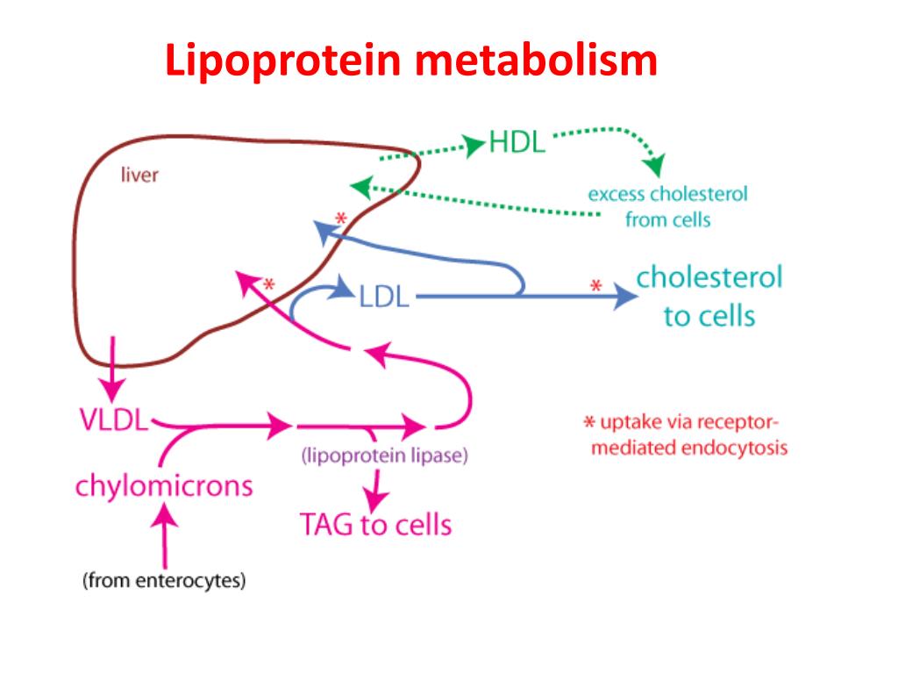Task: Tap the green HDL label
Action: point(517,143)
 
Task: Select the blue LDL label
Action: point(384,298)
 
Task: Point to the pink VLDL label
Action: point(112,420)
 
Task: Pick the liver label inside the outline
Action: point(139,175)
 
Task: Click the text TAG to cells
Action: point(376,525)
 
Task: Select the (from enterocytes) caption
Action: point(164,580)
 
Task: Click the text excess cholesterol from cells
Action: point(667,206)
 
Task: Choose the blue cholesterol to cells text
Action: point(709,296)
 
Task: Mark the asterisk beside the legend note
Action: point(590,423)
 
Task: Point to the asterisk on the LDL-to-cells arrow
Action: point(596,287)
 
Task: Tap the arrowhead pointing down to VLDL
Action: point(112,387)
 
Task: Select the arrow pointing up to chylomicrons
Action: point(164,527)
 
